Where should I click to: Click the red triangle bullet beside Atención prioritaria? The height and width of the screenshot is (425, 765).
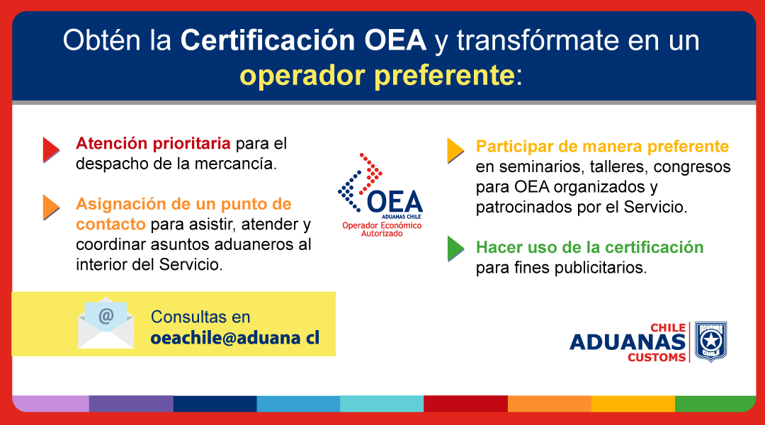[x=51, y=149]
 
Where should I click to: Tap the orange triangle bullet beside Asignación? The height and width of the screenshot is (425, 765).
[x=51, y=208]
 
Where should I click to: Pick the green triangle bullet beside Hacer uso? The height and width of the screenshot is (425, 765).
[x=455, y=249]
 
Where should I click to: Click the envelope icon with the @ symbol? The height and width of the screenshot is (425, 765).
[x=106, y=323]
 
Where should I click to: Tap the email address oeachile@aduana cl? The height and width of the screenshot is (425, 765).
[x=234, y=338]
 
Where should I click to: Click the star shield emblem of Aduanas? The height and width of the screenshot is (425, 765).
[x=711, y=341]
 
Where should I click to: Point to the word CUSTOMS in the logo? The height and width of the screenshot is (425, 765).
[x=657, y=357]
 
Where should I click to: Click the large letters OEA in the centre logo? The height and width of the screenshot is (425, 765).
[x=395, y=202]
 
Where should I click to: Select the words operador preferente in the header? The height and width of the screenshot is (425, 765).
[x=377, y=76]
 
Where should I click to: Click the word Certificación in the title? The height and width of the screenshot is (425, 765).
[x=267, y=40]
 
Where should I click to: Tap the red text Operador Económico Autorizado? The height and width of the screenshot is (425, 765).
[x=382, y=229]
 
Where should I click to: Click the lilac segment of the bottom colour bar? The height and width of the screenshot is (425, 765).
[x=51, y=404]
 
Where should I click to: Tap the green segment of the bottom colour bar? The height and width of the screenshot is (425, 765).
[x=715, y=404]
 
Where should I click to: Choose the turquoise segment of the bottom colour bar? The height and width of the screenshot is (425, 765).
[x=382, y=404]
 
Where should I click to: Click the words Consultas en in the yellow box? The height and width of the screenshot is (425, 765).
[x=200, y=317]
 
